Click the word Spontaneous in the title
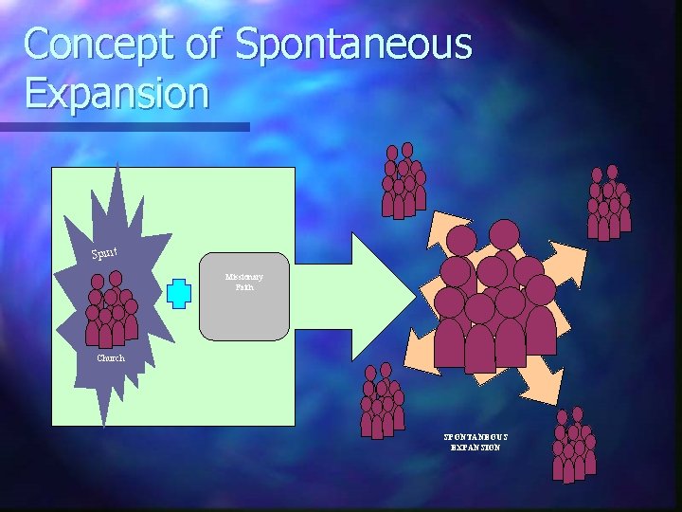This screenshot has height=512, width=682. tap(352, 46)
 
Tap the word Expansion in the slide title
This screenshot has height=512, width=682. tap(117, 93)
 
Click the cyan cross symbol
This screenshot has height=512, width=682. tap(178, 293)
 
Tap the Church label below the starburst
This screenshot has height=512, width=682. tap(110, 358)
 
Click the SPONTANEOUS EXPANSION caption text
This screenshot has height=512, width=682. tap(476, 441)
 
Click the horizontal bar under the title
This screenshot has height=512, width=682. tap(124, 126)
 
